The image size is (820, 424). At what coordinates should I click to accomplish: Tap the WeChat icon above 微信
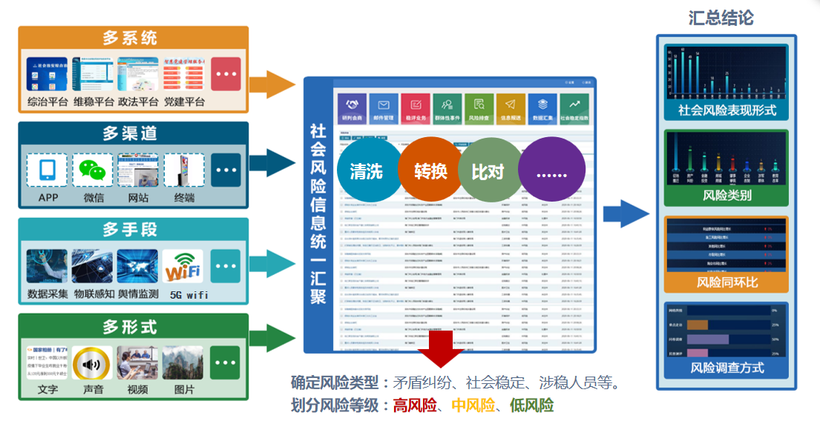coord(93,170)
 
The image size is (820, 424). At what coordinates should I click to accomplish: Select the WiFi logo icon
coord(183,267)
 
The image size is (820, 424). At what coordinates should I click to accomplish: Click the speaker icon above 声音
coord(92,364)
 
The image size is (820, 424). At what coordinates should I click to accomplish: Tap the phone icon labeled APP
coord(47,170)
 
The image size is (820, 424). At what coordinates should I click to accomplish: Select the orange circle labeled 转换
coord(430,171)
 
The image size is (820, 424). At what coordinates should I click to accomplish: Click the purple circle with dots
coord(551,173)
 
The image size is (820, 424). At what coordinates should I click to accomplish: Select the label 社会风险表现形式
coord(726,110)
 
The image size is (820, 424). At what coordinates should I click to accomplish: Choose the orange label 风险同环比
coord(726,282)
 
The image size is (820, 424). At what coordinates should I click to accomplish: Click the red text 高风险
coord(414,405)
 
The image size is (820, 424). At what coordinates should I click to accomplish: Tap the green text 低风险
coord(531,405)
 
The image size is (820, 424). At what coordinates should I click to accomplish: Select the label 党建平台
coord(185,102)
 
